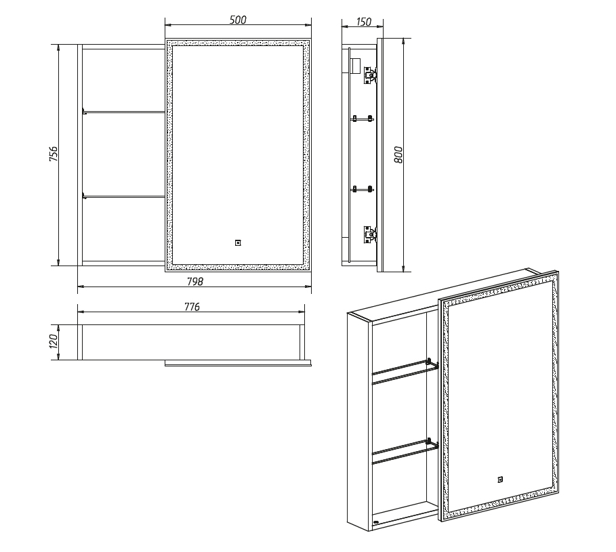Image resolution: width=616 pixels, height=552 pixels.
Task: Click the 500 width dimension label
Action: pyautogui.click(x=238, y=20)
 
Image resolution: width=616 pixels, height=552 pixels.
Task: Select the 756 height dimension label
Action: pyautogui.click(x=54, y=154)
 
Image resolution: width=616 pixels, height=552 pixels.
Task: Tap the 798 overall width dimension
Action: pyautogui.click(x=195, y=282)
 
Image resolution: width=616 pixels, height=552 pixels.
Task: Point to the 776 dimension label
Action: pyautogui.click(x=192, y=307)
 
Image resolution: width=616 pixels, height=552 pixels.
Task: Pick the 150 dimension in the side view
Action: pyautogui.click(x=363, y=22)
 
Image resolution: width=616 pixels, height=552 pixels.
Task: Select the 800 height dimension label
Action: pyautogui.click(x=398, y=154)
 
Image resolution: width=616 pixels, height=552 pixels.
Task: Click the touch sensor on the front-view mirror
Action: pyautogui.click(x=238, y=243)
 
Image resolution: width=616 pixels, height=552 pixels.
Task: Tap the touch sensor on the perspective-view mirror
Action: pyautogui.click(x=500, y=480)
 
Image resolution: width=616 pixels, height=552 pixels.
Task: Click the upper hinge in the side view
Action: pyautogui.click(x=370, y=75)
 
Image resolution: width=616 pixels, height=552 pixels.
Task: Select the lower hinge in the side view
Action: pyautogui.click(x=370, y=235)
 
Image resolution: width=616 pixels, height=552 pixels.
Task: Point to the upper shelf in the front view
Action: pyautogui.click(x=123, y=112)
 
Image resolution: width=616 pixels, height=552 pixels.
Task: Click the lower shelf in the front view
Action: pyautogui.click(x=123, y=196)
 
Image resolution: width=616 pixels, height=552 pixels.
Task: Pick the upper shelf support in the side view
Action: pyautogui.click(x=363, y=118)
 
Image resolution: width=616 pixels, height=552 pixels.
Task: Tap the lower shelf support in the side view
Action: pyautogui.click(x=363, y=189)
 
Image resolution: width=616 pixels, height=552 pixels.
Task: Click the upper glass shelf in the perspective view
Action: pyautogui.click(x=405, y=371)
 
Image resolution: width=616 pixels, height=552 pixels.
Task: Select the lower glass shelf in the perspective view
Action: pyautogui.click(x=405, y=452)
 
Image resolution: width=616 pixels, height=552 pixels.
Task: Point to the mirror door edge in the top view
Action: pyautogui.click(x=238, y=363)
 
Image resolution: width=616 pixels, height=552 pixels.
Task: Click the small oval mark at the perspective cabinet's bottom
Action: pyautogui.click(x=376, y=522)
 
